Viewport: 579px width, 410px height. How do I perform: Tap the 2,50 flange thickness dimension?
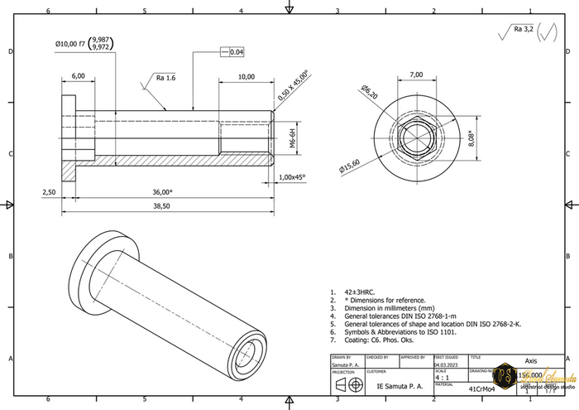49,192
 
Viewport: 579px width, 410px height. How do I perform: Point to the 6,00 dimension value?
79,75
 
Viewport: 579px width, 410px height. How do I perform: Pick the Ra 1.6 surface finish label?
166,78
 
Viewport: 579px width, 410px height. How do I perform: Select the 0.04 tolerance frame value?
237,52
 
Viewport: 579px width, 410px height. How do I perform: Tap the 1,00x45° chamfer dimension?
292,177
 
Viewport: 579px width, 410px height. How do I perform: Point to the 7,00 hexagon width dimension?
416,75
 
